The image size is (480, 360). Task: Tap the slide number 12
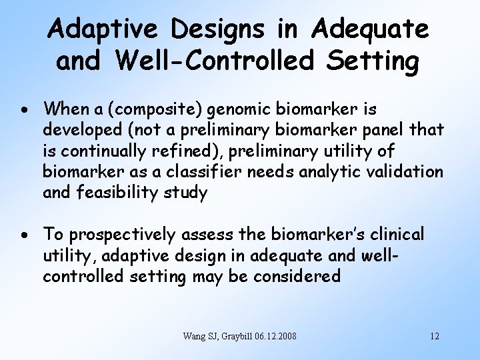[x=435, y=335]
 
